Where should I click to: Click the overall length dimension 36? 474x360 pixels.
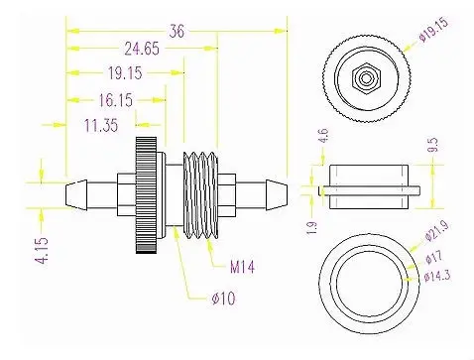177,32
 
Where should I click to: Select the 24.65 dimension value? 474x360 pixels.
142,49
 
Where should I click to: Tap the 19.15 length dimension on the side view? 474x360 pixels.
125,73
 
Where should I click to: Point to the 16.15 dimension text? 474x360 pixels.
116,100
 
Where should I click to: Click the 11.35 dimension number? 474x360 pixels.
101,126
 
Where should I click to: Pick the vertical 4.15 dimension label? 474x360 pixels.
42,250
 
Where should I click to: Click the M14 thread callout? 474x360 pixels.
242,267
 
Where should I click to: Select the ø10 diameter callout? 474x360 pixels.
223,299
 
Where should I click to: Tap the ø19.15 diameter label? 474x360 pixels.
433,29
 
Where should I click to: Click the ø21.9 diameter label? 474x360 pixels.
437,230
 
